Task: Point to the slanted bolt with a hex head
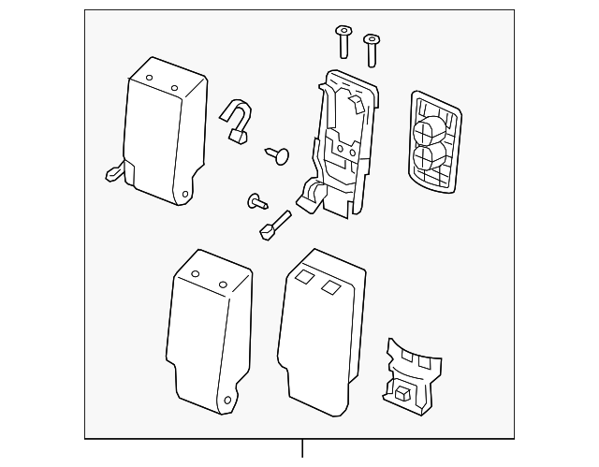[x=272, y=224]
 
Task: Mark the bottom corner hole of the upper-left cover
[x=183, y=196]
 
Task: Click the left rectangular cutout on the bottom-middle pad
[x=302, y=277]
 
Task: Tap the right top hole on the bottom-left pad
[x=224, y=284]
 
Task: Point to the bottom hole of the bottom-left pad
[x=225, y=404]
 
